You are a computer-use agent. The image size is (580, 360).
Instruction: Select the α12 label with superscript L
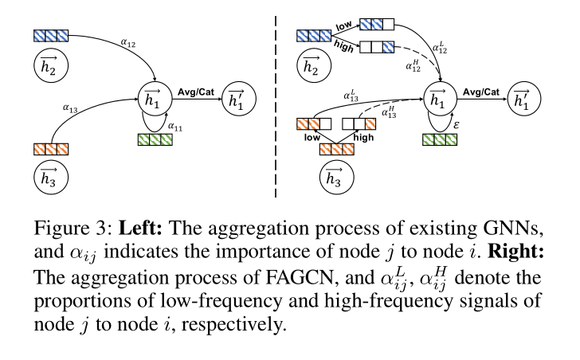[x=439, y=49]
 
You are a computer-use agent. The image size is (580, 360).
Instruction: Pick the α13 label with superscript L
[x=351, y=97]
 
